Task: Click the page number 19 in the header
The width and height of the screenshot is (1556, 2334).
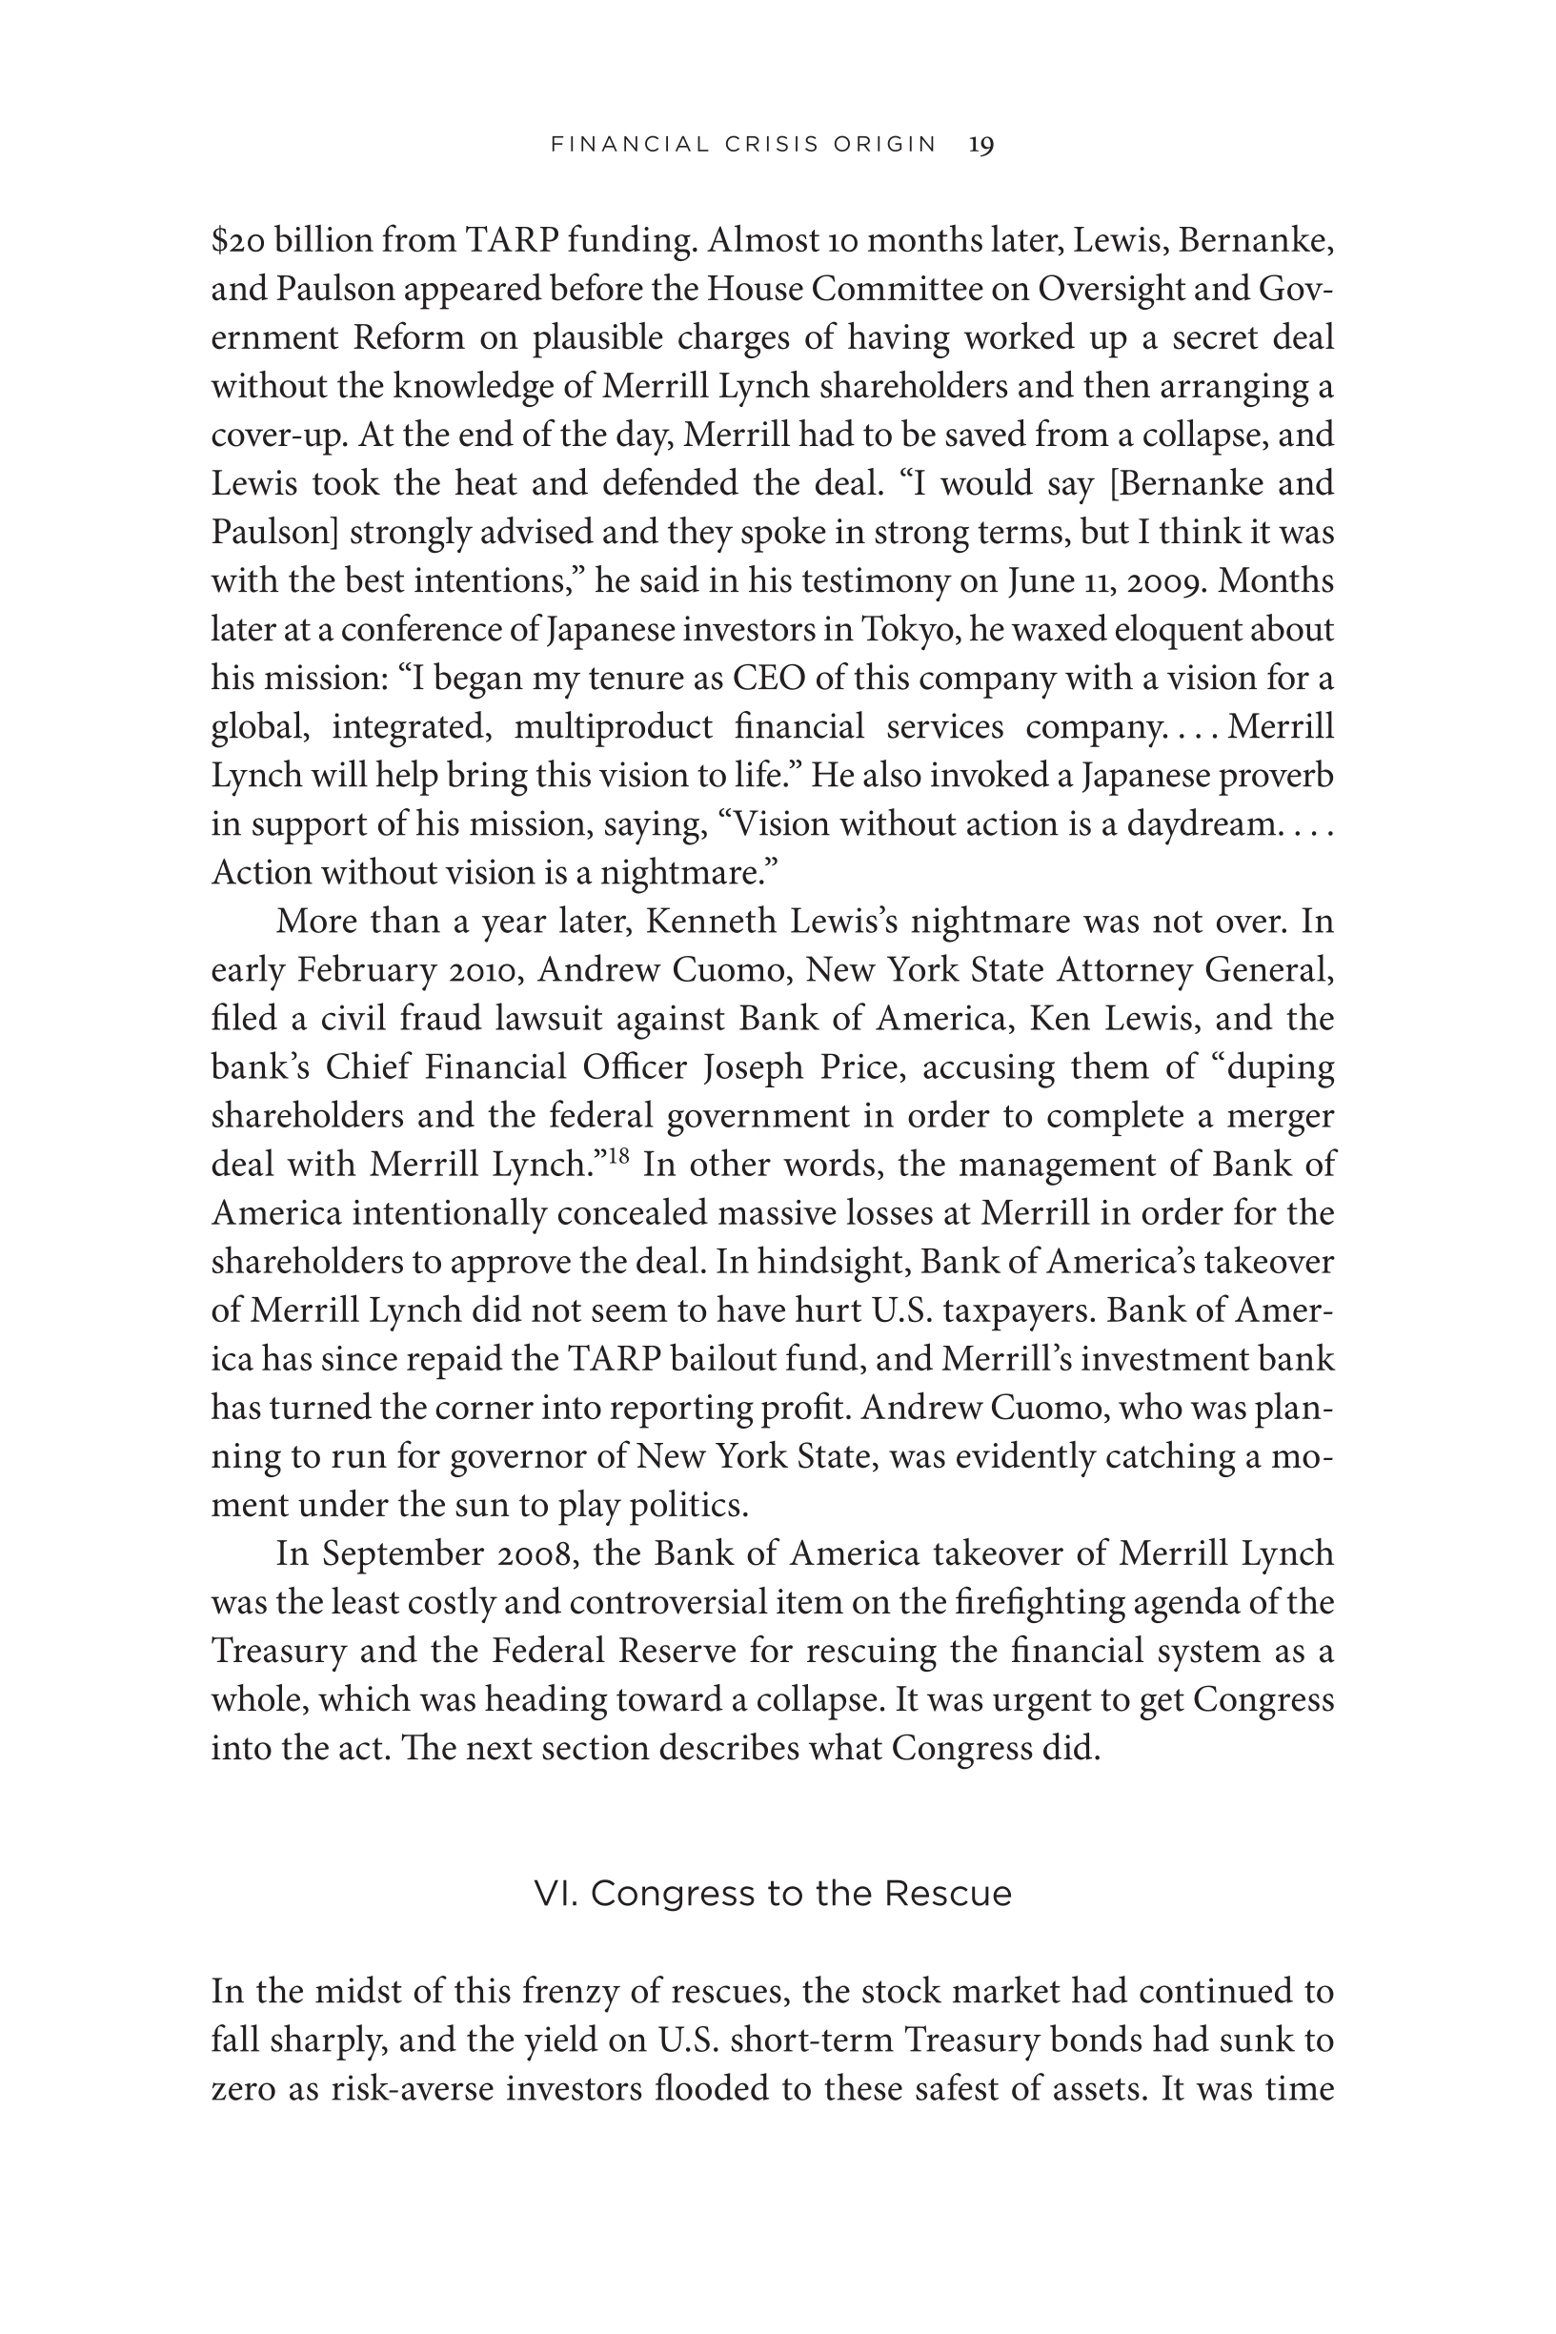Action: [x=980, y=145]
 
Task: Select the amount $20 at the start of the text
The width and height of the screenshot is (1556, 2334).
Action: [x=237, y=241]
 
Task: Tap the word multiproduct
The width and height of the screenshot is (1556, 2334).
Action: [x=614, y=727]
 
